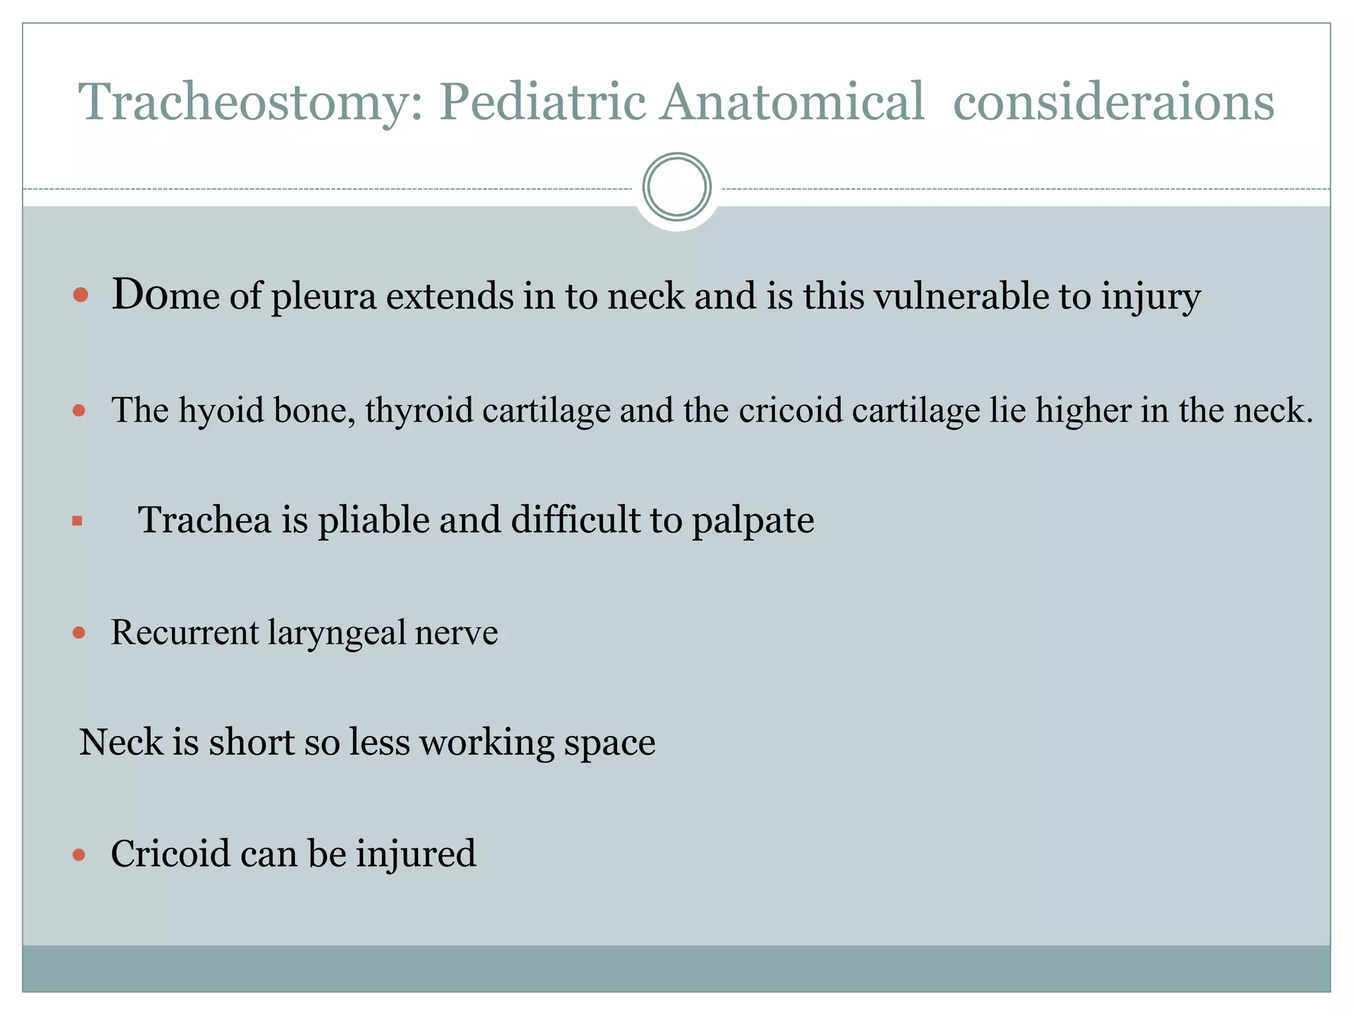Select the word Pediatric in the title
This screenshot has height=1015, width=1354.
click(x=542, y=102)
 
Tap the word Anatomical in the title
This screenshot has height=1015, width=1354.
click(x=791, y=102)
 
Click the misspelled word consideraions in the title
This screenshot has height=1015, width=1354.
click(x=1113, y=102)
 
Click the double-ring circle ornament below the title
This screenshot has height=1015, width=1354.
click(x=676, y=186)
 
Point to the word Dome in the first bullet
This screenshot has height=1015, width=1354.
click(x=165, y=295)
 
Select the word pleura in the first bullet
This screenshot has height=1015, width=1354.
click(x=323, y=297)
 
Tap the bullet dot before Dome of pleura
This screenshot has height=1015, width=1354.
click(x=81, y=295)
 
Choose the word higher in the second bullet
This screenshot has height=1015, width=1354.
click(x=1083, y=411)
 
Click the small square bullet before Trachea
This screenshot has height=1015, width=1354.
click(x=77, y=521)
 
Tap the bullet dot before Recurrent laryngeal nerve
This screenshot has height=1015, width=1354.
click(x=79, y=633)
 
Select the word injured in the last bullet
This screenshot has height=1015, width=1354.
click(x=416, y=854)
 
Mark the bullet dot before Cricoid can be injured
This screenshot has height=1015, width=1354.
click(x=79, y=855)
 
